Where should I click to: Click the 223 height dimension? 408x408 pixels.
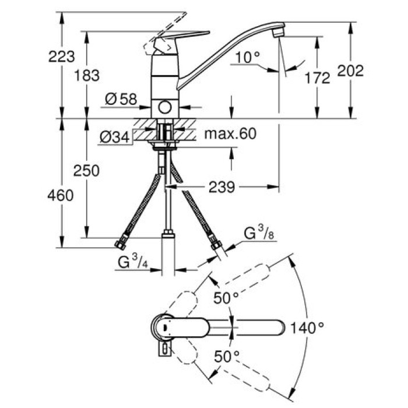[x=62, y=57]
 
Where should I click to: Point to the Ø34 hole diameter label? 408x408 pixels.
[x=114, y=137]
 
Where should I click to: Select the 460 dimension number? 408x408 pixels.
[x=61, y=195]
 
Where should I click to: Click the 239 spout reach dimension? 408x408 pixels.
[x=221, y=187]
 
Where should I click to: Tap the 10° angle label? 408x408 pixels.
[x=249, y=57]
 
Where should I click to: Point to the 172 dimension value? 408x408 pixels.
[x=318, y=78]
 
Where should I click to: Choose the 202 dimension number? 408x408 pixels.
[x=351, y=71]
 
